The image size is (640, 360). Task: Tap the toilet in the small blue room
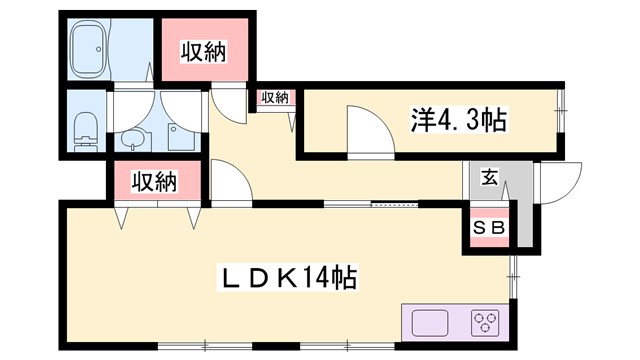[x=86, y=127]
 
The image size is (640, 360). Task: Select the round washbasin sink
[x=130, y=140]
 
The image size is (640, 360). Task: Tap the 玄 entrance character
[x=490, y=178]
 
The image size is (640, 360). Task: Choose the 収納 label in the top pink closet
[x=202, y=52]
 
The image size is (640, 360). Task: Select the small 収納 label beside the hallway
[x=274, y=97]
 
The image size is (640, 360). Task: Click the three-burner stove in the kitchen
[x=486, y=322]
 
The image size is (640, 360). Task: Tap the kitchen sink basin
[x=430, y=324]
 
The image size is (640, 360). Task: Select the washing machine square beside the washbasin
[x=179, y=136]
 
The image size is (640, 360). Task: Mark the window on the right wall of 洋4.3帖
[x=562, y=105]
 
